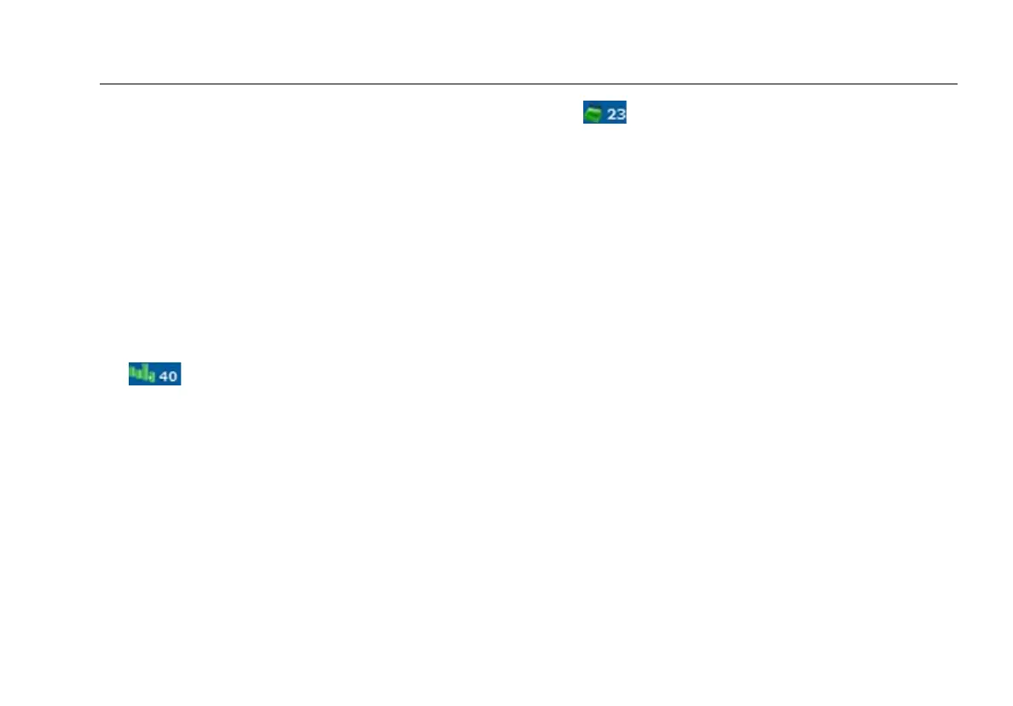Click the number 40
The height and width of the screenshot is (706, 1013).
click(x=169, y=374)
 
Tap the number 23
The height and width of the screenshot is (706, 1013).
click(x=616, y=113)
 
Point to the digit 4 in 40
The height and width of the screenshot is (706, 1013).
click(x=165, y=374)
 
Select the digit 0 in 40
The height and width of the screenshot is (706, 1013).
click(x=173, y=374)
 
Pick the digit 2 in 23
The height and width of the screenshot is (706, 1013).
click(x=611, y=113)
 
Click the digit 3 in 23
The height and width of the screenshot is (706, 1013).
click(x=620, y=113)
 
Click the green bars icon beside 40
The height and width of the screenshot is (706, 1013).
click(x=142, y=373)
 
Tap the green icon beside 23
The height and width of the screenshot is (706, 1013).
click(x=593, y=113)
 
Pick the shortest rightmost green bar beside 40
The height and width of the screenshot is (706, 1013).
click(x=152, y=376)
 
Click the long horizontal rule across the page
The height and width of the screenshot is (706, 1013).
click(x=529, y=84)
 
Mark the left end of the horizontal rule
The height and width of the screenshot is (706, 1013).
click(x=101, y=84)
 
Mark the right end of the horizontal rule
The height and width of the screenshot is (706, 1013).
click(x=957, y=84)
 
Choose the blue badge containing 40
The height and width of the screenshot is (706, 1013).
click(x=154, y=373)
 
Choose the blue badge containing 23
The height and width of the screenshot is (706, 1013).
click(x=605, y=113)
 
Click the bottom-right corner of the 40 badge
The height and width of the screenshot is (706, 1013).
click(x=180, y=384)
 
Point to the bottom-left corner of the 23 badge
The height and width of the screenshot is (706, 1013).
click(x=584, y=122)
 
